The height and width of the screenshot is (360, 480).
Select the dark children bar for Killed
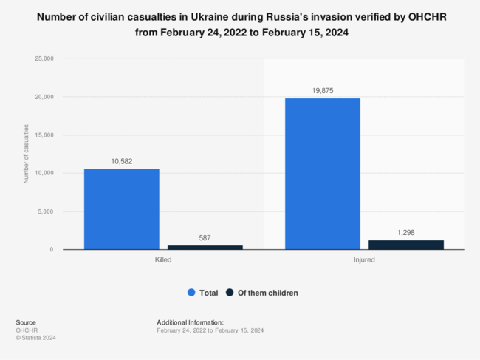(205, 247)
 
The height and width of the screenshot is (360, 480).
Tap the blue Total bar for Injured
(323, 174)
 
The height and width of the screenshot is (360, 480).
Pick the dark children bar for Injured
(406, 245)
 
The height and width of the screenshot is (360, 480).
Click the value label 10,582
(121, 162)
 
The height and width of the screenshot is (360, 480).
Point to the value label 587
(205, 238)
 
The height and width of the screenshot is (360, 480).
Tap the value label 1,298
(406, 233)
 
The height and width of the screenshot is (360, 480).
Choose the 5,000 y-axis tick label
(44, 211)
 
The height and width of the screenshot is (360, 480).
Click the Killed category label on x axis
(163, 260)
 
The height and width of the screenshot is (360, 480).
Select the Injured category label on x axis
(364, 260)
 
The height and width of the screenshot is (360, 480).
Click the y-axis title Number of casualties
(26, 154)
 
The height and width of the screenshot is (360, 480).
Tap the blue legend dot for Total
(191, 293)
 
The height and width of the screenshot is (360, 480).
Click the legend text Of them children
(267, 293)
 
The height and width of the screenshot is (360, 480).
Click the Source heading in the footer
(25, 323)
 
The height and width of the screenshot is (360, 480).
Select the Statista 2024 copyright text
(35, 338)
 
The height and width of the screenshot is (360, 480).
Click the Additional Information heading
(190, 323)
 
